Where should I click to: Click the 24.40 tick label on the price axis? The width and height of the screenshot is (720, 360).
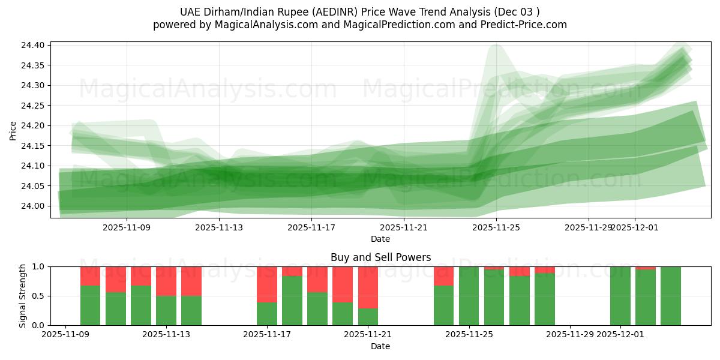[x=32, y=46]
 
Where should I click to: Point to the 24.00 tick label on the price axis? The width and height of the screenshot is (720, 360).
[x=32, y=206]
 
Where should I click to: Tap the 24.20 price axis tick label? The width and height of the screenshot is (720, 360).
[x=32, y=126]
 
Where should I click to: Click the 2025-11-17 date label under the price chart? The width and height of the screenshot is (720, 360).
[x=311, y=227]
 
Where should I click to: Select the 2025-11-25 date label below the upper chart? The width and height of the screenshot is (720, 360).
[x=496, y=227]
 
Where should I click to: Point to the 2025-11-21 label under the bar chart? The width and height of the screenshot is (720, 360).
[x=368, y=334]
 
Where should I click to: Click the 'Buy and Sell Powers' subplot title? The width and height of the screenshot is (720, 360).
[x=380, y=257]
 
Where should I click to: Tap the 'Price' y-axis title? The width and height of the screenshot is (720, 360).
[x=13, y=130]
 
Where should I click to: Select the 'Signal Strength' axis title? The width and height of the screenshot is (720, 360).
[x=22, y=296]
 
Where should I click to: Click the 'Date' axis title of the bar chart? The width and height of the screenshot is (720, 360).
[x=380, y=346]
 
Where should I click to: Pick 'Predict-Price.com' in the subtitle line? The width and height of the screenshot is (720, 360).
[x=525, y=25]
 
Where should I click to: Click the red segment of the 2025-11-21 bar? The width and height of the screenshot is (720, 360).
[x=368, y=287]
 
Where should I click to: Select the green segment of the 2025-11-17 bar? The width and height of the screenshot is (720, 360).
[x=267, y=314]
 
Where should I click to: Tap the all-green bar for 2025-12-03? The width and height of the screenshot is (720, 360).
[x=671, y=296]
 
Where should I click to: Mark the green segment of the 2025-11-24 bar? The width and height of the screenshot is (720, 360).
[x=443, y=305]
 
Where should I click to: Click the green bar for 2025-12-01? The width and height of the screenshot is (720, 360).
[x=620, y=296]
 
